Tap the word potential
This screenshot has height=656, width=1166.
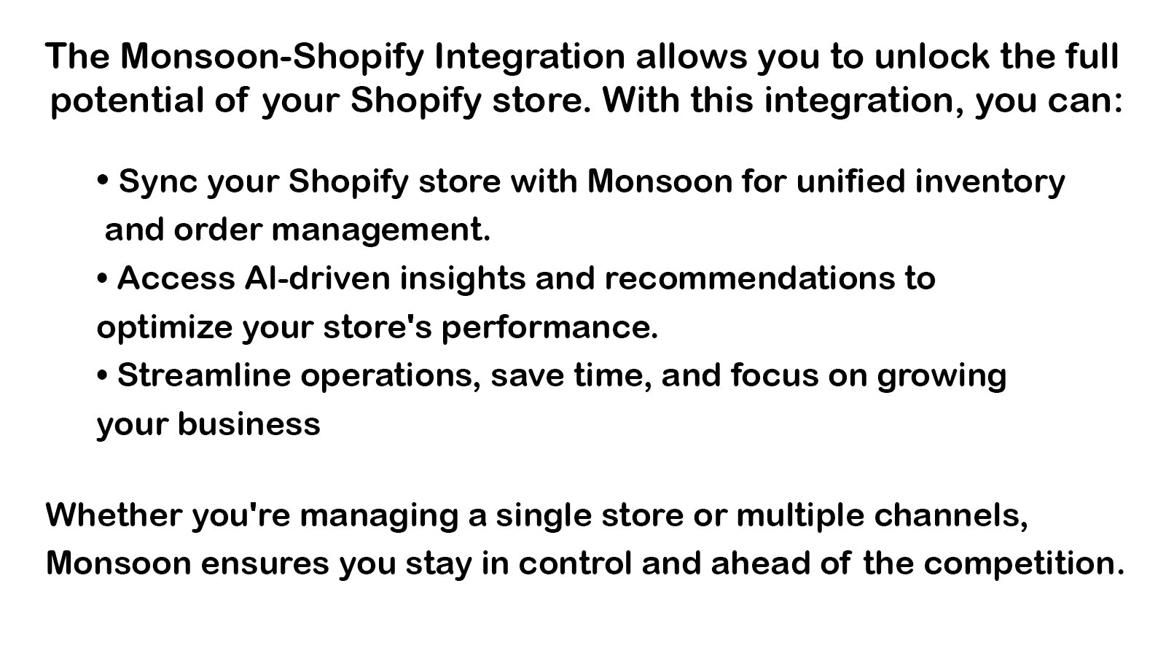click(127, 101)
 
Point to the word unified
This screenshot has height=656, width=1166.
click(851, 181)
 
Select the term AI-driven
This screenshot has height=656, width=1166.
click(317, 278)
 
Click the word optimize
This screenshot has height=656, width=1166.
click(165, 328)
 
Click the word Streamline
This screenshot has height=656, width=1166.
click(204, 375)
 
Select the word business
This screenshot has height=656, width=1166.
click(249, 423)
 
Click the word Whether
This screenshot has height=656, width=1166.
click(114, 515)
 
